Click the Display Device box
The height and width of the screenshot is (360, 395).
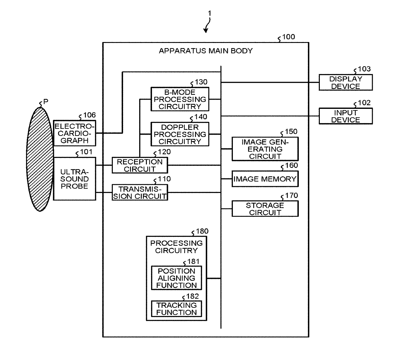pos(346,82)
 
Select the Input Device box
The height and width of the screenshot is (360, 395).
pos(346,116)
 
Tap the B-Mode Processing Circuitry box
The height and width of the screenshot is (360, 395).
pos(180,99)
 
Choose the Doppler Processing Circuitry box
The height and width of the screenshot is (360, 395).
pos(180,134)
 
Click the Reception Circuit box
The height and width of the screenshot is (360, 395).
pos(140,165)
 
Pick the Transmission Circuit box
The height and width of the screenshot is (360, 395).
pos(140,193)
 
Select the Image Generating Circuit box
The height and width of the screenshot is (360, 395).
pos(265,149)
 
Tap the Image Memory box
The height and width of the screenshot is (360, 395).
pos(265,179)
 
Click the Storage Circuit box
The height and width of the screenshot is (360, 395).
pos(265,209)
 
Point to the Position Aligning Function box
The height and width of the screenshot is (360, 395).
pos(176,278)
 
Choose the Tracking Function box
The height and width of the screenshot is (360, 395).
pos(176,309)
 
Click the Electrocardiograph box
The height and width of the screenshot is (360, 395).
pos(75,133)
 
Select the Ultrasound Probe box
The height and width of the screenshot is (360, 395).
pos(75,179)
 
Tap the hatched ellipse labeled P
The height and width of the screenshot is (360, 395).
pos(40,159)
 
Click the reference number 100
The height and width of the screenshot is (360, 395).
pos(289,37)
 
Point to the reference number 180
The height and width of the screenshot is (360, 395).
pos(202,231)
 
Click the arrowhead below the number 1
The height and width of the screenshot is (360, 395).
pos(206,31)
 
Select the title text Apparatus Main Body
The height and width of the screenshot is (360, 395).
pos(206,51)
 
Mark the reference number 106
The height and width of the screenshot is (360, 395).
pos(90,115)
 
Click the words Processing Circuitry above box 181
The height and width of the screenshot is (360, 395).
pos(176,247)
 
